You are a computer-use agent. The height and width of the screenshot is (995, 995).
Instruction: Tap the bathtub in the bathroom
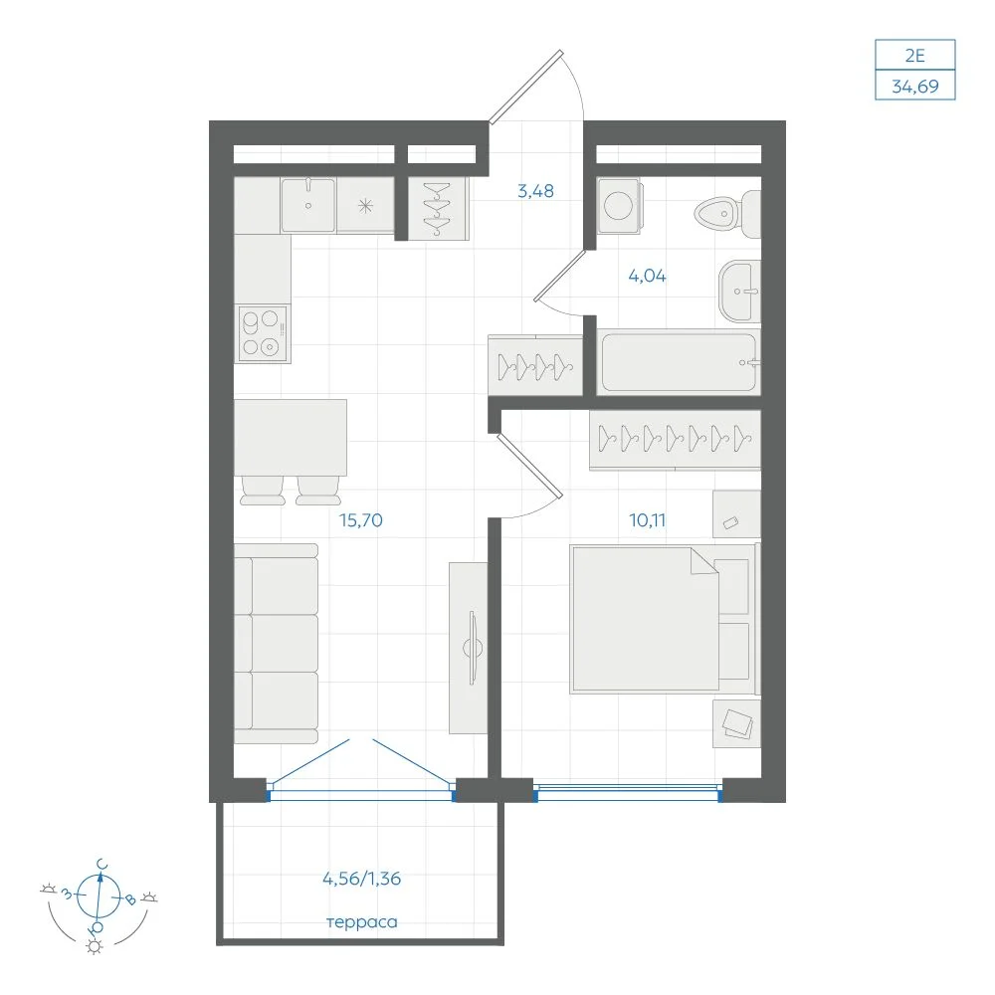click(x=679, y=362)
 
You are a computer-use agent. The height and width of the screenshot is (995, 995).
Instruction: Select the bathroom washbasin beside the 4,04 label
click(x=740, y=292)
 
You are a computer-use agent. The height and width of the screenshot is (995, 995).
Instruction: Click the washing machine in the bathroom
click(x=619, y=206)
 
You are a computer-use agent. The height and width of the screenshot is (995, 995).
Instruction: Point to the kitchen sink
click(x=308, y=205)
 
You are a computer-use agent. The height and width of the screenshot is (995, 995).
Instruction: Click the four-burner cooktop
click(x=263, y=333)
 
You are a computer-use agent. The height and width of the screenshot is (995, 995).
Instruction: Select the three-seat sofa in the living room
click(x=276, y=644)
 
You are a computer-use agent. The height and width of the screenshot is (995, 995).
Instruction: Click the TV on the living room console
click(x=472, y=648)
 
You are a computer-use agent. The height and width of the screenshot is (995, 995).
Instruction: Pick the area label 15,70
click(x=361, y=520)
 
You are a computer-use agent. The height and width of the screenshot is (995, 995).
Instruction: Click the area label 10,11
click(x=648, y=520)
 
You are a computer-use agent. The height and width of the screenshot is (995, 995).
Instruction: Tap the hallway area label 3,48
click(x=535, y=191)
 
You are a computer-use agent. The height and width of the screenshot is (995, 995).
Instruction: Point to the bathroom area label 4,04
click(x=648, y=276)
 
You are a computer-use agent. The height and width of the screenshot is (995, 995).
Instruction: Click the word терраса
click(x=362, y=922)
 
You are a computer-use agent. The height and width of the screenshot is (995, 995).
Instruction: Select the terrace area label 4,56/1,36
click(x=362, y=879)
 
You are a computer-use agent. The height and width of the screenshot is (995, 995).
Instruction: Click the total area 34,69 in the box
click(x=915, y=87)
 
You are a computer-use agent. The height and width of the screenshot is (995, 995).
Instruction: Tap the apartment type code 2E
click(x=915, y=56)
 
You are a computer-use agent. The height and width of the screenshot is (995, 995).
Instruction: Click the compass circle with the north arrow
click(x=99, y=895)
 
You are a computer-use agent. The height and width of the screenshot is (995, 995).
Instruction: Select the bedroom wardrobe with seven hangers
click(x=676, y=440)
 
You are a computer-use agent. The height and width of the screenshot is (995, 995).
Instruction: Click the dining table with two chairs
click(x=291, y=452)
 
